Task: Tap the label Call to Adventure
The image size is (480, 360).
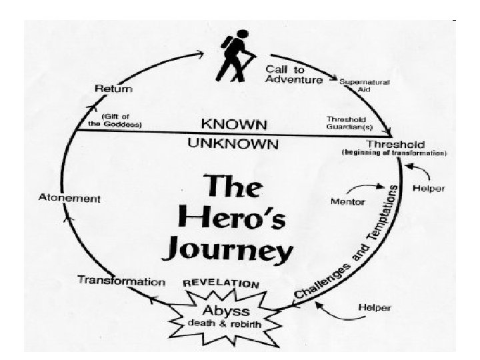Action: pyautogui.click(x=294, y=74)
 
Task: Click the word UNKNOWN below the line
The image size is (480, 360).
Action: pyautogui.click(x=233, y=144)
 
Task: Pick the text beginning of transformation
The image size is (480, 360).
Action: pyautogui.click(x=395, y=153)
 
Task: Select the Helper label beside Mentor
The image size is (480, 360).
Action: pyautogui.click(x=429, y=189)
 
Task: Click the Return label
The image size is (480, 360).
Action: pyautogui.click(x=114, y=89)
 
